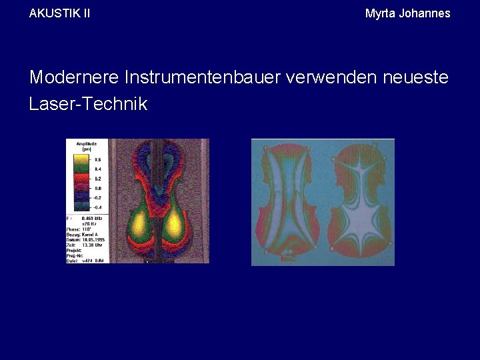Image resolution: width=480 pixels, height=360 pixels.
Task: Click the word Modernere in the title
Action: pos(73,77)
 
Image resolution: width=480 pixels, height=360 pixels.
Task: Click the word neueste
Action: pos(415,77)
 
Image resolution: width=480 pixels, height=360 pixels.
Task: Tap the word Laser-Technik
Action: pos(88,104)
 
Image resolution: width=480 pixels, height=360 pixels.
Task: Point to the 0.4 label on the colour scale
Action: pos(98,170)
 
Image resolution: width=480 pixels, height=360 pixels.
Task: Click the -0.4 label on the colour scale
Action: pos(97,207)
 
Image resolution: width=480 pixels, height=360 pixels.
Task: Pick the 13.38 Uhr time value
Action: pos(91,246)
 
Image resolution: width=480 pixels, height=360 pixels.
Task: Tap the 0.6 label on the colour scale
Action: pos(98,160)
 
